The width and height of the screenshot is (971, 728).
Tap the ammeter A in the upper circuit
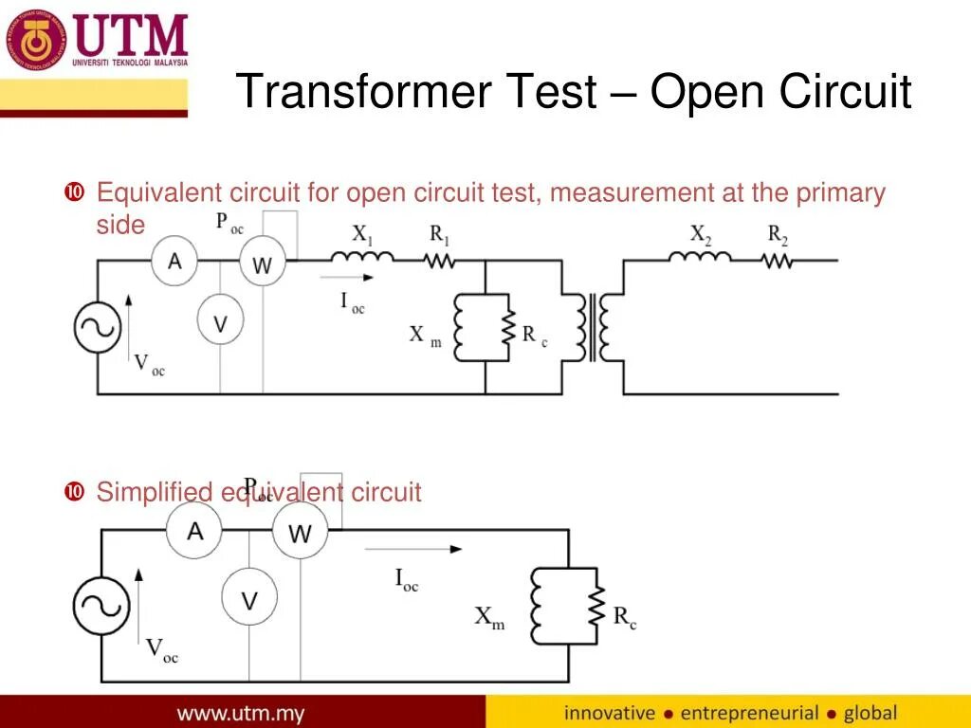click(174, 261)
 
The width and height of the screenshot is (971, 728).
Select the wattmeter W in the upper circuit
click(262, 265)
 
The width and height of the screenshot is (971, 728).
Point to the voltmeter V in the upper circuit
click(220, 322)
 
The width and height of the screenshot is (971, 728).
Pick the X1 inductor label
click(361, 233)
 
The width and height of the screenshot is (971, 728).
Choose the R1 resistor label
click(440, 233)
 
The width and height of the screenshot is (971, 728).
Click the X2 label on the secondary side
click(700, 233)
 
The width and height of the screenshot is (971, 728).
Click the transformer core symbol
click(594, 328)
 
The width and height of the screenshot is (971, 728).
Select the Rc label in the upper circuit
click(534, 335)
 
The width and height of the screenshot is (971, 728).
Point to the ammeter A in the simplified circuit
click(194, 531)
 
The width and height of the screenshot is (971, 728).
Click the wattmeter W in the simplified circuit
click(300, 533)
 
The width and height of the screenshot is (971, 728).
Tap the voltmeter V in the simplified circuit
click(249, 599)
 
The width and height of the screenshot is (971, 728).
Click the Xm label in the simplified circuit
click(489, 617)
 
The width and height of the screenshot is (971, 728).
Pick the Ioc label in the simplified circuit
click(406, 579)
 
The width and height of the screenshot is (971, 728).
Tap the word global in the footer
click(870, 712)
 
